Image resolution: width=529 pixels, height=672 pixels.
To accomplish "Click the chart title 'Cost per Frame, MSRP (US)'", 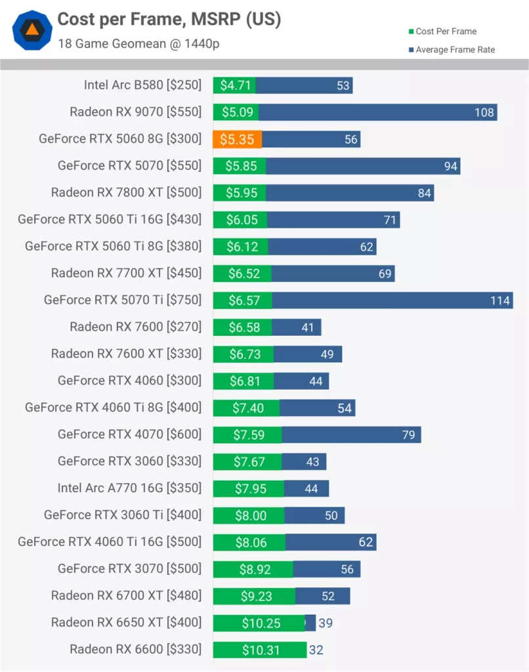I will tap(169, 20).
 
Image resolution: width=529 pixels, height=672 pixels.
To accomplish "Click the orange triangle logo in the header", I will tap(31, 30).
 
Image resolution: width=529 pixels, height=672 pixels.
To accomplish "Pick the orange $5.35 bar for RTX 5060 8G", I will tap(237, 139).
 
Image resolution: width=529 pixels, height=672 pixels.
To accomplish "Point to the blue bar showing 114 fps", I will tap(392, 301).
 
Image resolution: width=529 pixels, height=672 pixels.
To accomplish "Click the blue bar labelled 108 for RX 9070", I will tap(377, 112).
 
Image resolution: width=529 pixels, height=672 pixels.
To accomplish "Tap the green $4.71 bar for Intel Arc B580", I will tap(234, 85).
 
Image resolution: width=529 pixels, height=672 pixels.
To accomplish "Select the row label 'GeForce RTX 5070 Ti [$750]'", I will tap(123, 300).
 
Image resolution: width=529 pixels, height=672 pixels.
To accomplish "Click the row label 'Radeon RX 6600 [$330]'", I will tap(135, 650).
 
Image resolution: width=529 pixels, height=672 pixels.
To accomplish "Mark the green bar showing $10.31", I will tap(259, 650).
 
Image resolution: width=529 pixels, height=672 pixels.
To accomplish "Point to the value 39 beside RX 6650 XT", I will tap(326, 623).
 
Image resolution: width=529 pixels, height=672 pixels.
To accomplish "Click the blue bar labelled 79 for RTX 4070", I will tap(351, 434).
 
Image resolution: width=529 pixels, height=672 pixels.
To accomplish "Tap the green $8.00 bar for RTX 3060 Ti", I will tap(249, 515).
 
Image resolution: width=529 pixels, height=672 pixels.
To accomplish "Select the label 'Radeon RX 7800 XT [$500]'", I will tap(126, 192).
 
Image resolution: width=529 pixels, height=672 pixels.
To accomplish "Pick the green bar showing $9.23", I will tap(254, 596).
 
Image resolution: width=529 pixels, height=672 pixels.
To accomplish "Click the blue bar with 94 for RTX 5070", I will tap(362, 166).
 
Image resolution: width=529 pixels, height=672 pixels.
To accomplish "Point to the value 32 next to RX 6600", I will tap(316, 650).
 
